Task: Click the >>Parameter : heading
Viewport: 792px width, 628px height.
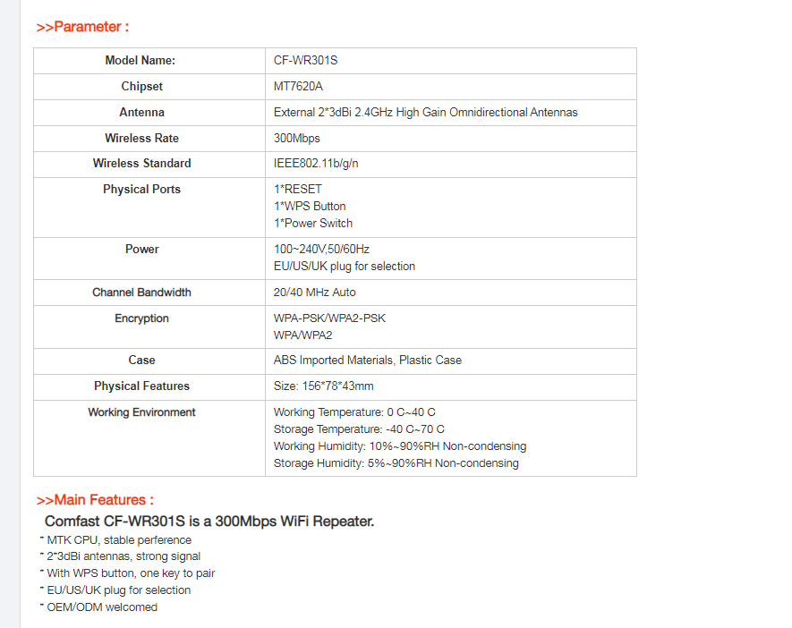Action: [x=82, y=27]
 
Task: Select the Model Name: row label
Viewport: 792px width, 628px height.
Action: [x=141, y=61]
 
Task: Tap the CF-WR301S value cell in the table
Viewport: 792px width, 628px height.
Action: [x=305, y=61]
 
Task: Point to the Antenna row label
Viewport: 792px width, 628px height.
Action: [x=141, y=113]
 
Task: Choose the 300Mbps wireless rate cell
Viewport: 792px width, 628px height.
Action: [x=296, y=139]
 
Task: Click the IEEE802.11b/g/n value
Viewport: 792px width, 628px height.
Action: [x=316, y=164]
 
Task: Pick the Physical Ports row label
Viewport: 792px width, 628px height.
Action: [x=141, y=190]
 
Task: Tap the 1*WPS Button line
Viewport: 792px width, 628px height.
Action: [x=310, y=207]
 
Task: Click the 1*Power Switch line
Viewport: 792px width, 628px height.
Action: [x=313, y=224]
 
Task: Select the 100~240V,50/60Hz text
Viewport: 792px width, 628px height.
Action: [x=321, y=250]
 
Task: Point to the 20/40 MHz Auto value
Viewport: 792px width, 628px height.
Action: [x=314, y=293]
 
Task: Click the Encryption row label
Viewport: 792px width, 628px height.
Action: [x=141, y=318]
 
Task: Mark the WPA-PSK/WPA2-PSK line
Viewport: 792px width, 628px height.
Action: [x=329, y=318]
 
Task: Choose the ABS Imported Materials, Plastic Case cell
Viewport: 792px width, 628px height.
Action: [x=367, y=361]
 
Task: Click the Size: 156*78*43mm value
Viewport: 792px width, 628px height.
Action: [x=323, y=386]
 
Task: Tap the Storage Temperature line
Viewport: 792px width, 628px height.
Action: [x=359, y=429]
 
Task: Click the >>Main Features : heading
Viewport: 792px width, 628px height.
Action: [x=95, y=500]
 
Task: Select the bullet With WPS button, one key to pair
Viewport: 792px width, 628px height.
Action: [x=131, y=573]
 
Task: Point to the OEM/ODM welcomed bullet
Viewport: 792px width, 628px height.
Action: [x=102, y=607]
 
